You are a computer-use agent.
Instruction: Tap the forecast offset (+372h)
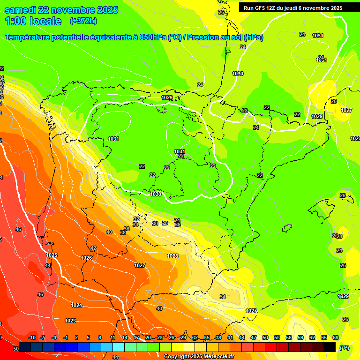pos(83,21)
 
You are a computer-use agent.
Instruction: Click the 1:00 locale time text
pos(33,21)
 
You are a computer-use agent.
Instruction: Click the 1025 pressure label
pos(52,255)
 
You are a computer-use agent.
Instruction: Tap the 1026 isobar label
pos(86,258)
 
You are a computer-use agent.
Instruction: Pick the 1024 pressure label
pos(76,305)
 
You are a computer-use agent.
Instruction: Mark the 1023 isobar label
pos(70,321)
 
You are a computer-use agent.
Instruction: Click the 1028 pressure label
pos(172,256)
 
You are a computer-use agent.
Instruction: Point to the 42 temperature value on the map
pos(93,248)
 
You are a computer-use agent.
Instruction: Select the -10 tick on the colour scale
pos(32,337)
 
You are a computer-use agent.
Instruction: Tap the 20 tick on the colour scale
pos(148,337)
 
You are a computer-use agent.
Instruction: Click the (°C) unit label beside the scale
pos(344,348)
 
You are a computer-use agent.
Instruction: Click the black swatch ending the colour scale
pos(330,347)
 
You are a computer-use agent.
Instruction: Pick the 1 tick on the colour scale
pos(77,337)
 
